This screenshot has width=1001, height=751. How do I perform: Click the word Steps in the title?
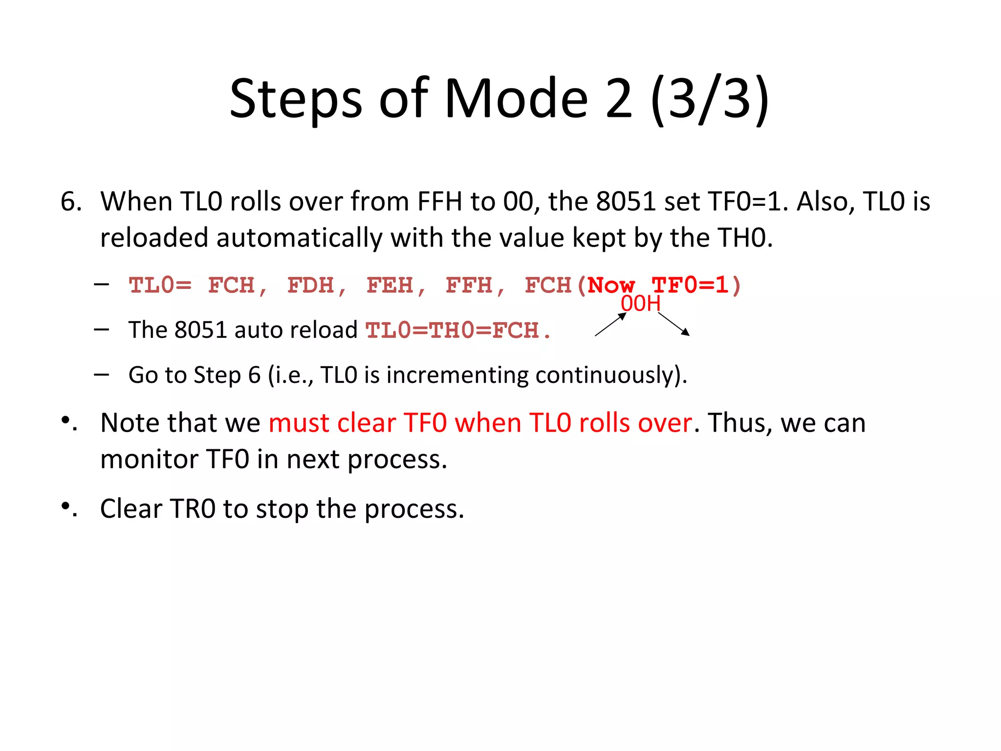pos(296,99)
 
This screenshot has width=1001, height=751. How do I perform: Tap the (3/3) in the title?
pos(710,99)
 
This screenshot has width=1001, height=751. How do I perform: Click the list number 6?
pos(70,201)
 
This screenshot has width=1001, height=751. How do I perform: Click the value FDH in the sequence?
pos(311,285)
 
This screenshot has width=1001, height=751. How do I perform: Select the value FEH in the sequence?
pos(390,285)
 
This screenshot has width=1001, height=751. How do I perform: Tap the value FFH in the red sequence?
pos(469,285)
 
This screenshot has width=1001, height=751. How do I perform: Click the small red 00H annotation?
pos(640,304)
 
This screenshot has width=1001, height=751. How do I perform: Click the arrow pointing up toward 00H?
pos(610,324)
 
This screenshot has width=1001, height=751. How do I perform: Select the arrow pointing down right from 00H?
pos(674,324)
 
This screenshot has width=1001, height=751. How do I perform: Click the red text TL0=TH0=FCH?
pos(458,331)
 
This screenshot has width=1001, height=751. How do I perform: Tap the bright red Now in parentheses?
pos(611,285)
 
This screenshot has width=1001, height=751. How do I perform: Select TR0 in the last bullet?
pos(192,509)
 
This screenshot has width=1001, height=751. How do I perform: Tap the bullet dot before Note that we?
pos(65,420)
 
